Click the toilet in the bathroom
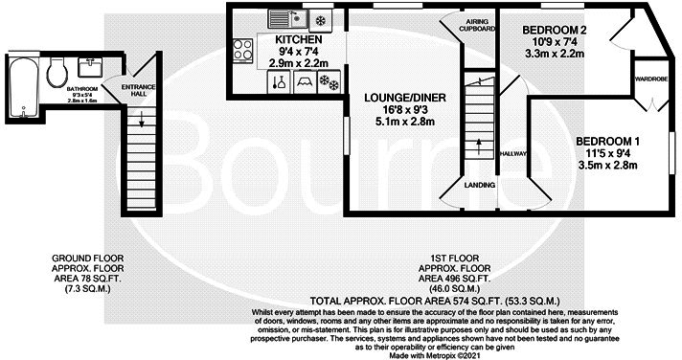57,69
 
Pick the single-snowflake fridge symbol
319,18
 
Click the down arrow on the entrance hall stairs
142,120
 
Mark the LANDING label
478,185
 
